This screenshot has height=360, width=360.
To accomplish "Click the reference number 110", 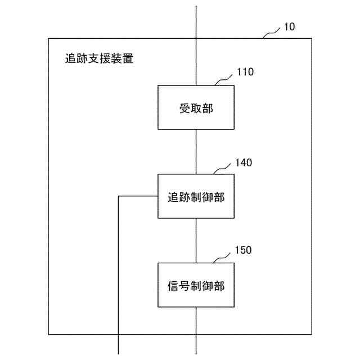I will tap(246, 72).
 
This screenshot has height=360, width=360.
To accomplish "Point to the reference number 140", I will tap(244, 163).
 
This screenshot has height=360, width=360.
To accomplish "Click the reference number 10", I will tap(289, 26).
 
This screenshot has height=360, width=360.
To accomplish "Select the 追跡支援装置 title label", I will tap(100, 58).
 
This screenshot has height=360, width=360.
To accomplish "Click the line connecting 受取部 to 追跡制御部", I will tap(196, 152).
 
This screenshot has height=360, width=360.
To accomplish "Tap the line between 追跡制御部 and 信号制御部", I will tap(196, 240).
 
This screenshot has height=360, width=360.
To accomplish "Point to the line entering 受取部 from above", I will tap(196, 45).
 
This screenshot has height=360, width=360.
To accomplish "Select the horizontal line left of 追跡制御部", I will tap(138, 196).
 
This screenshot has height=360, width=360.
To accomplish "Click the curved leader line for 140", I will tap(222, 169).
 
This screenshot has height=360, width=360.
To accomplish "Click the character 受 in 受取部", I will tap(184, 109).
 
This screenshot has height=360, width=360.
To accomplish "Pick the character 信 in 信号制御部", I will tap(173, 285).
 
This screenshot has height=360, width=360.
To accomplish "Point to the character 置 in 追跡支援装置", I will tap(128, 58).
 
